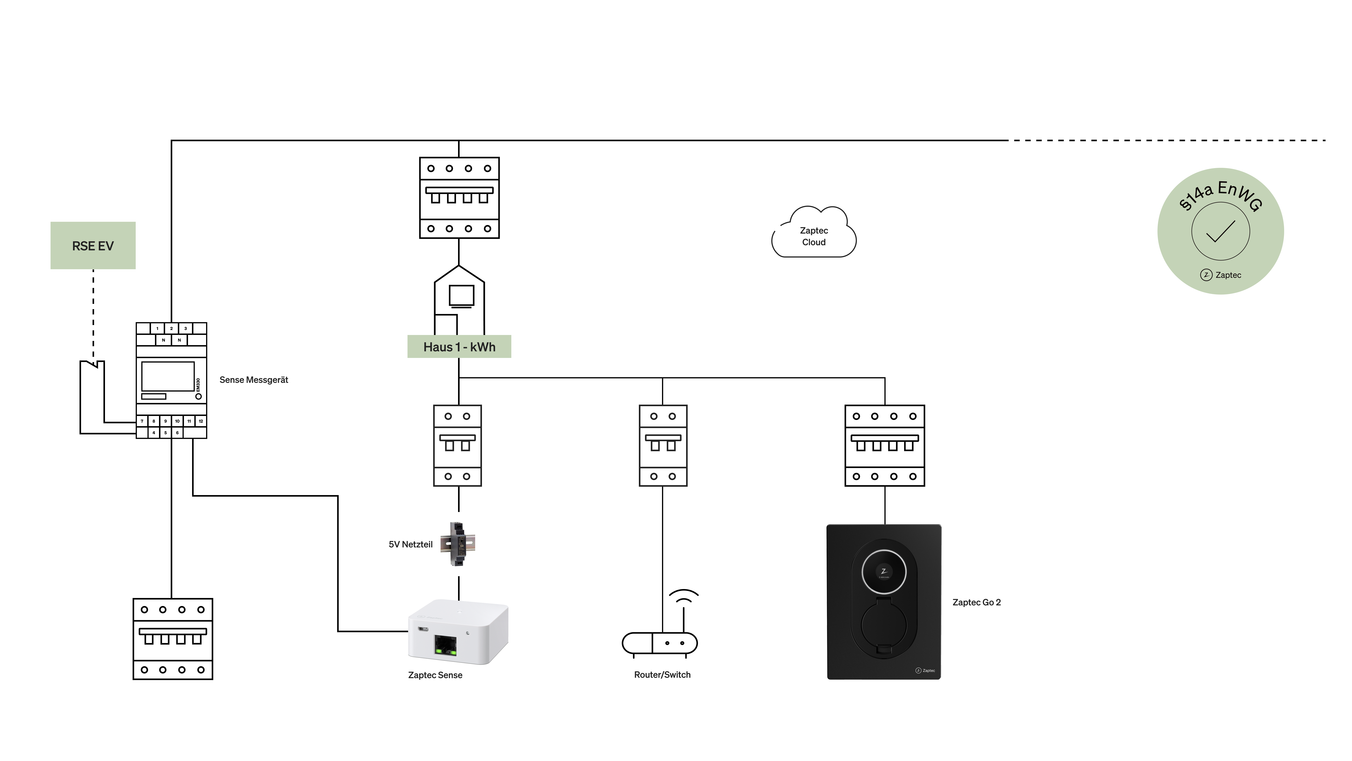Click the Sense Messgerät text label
tap(254, 380)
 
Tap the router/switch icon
tap(660, 643)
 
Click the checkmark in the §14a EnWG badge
tap(1221, 231)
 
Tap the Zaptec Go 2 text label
tap(976, 602)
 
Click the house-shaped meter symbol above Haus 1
tap(459, 297)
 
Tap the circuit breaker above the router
tap(663, 445)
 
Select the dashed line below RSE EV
tap(94, 315)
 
